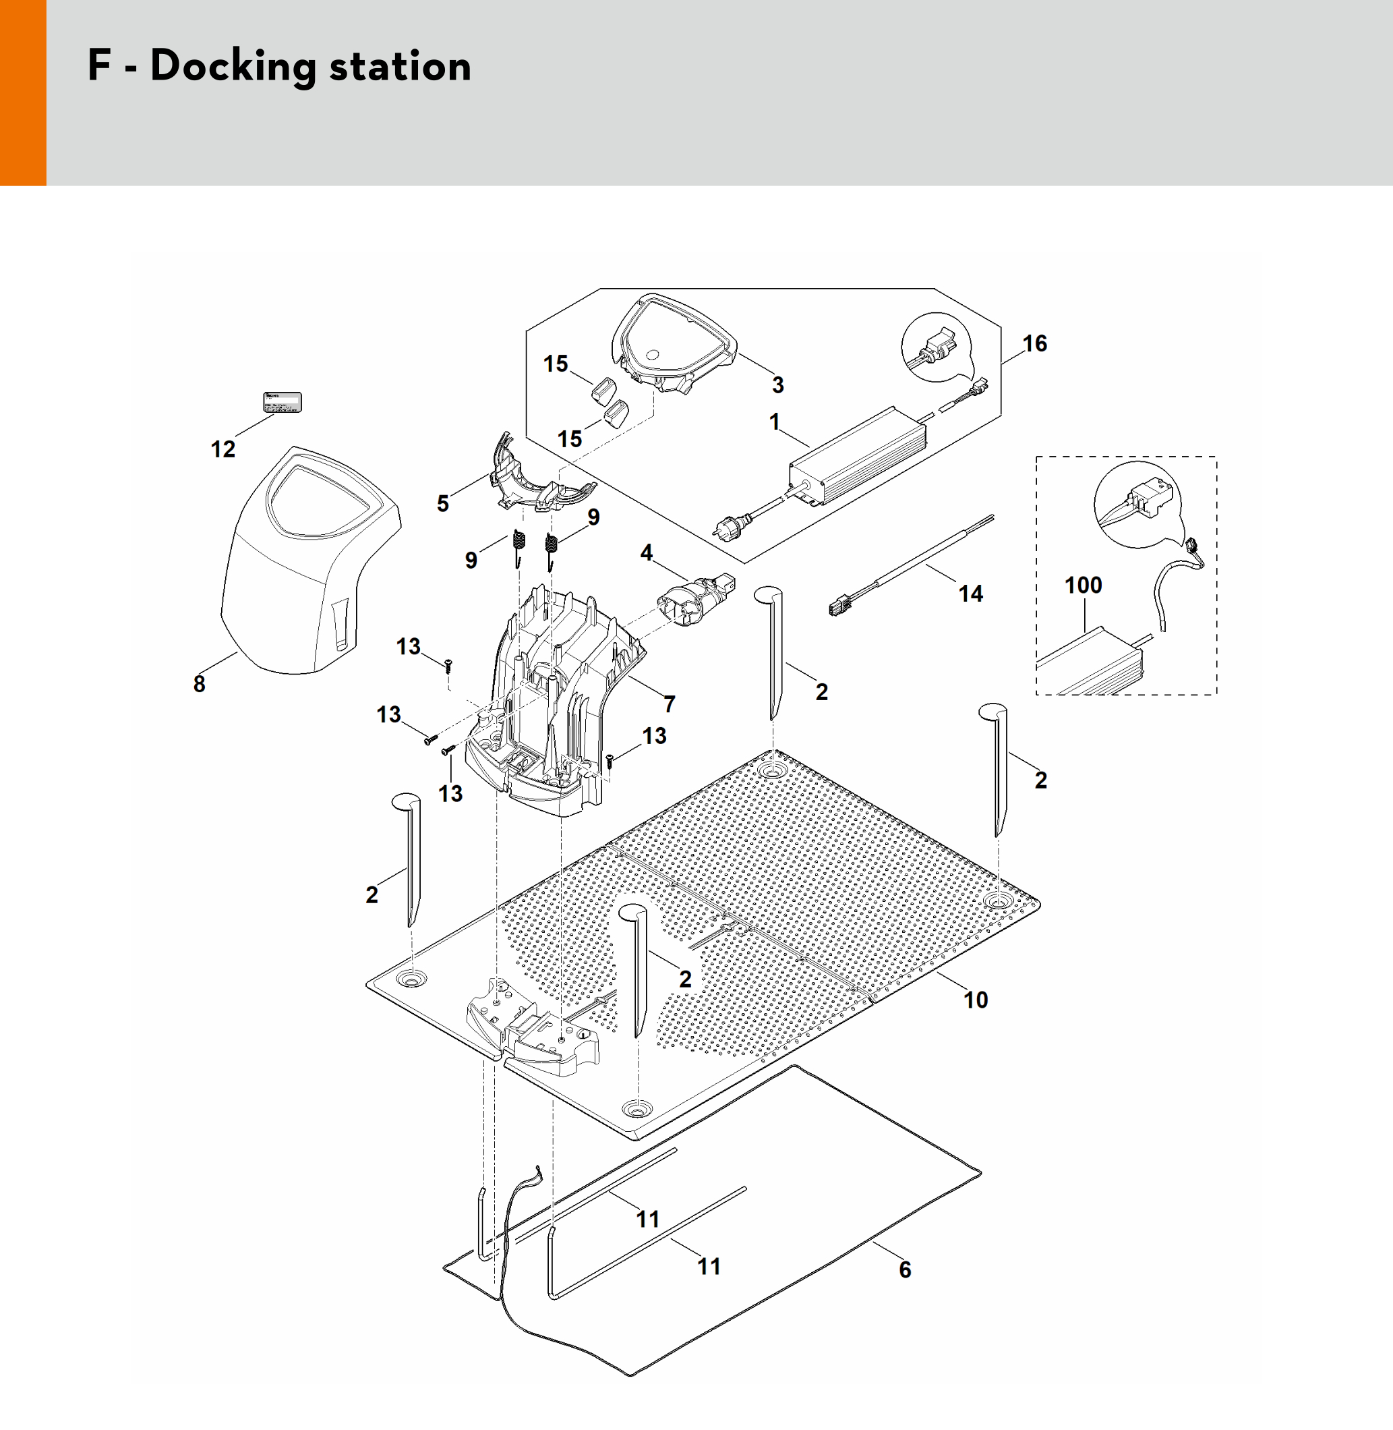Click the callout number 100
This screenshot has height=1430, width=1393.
(1083, 585)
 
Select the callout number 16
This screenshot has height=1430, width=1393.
(1034, 343)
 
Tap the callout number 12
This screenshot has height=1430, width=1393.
(223, 449)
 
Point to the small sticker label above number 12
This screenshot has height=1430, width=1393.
(283, 403)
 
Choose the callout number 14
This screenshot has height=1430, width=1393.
(971, 593)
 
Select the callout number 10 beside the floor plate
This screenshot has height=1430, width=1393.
(975, 1000)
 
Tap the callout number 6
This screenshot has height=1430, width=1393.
(905, 1269)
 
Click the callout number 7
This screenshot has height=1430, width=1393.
(670, 704)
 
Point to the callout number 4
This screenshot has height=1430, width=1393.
(646, 552)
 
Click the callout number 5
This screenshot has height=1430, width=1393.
(442, 503)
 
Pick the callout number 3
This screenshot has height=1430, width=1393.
(777, 385)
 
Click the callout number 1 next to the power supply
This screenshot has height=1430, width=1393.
(775, 422)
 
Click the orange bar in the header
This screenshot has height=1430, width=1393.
(23, 93)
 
